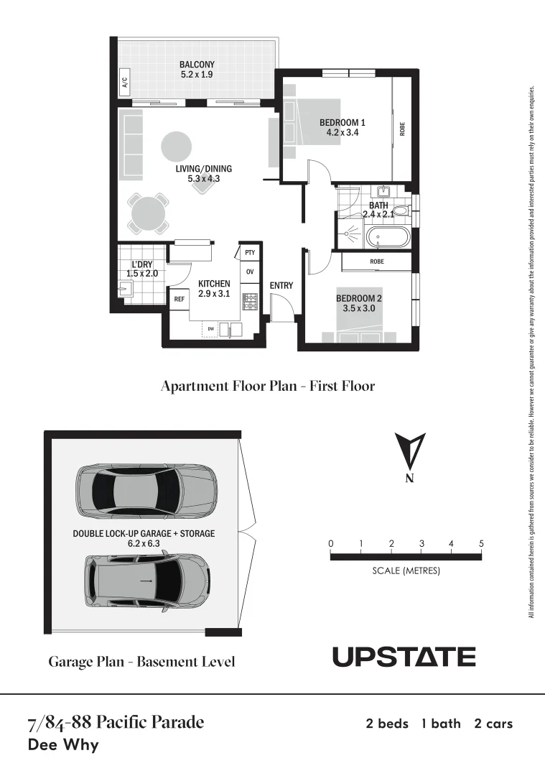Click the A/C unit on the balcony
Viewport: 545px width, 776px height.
(124, 84)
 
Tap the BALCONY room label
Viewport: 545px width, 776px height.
(197, 64)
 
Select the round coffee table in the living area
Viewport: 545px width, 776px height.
(176, 147)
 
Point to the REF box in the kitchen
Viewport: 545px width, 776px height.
(179, 299)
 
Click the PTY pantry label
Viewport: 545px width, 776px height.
(250, 253)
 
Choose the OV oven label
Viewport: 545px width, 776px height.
(250, 272)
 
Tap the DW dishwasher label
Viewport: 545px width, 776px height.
(211, 329)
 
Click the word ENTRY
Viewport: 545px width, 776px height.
(281, 286)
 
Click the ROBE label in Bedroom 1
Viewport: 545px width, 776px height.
(403, 129)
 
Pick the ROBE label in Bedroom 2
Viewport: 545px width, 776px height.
(377, 262)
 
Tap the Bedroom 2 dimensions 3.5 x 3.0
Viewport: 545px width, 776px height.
(359, 308)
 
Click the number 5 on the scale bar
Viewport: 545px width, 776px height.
(481, 544)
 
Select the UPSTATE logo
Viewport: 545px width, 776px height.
(404, 657)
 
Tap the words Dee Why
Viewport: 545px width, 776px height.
(62, 744)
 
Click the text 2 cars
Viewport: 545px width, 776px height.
(493, 724)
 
